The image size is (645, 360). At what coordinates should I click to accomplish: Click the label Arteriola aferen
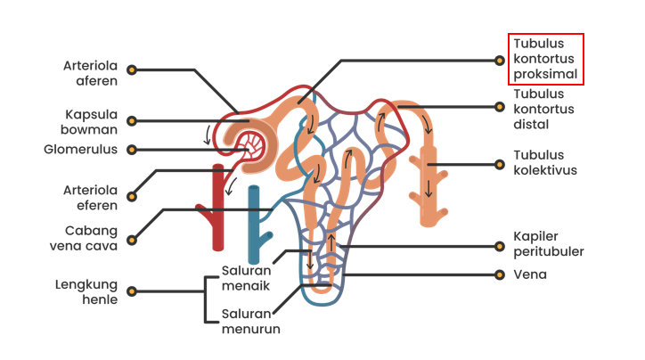(x=92, y=73)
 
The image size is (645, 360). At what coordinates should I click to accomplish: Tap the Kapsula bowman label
(x=92, y=121)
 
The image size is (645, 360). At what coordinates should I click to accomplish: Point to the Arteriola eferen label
(x=92, y=197)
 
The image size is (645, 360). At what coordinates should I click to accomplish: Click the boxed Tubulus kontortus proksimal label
(x=546, y=59)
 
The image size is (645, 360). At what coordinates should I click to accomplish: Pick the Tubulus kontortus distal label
(x=543, y=109)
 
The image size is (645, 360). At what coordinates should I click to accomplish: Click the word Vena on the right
(x=530, y=274)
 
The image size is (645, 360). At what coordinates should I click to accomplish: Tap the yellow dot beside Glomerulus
(x=132, y=150)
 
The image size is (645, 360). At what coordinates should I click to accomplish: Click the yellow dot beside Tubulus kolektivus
(x=500, y=164)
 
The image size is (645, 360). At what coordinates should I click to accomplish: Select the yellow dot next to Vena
(x=500, y=274)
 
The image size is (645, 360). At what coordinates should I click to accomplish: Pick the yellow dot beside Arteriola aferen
(x=132, y=69)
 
